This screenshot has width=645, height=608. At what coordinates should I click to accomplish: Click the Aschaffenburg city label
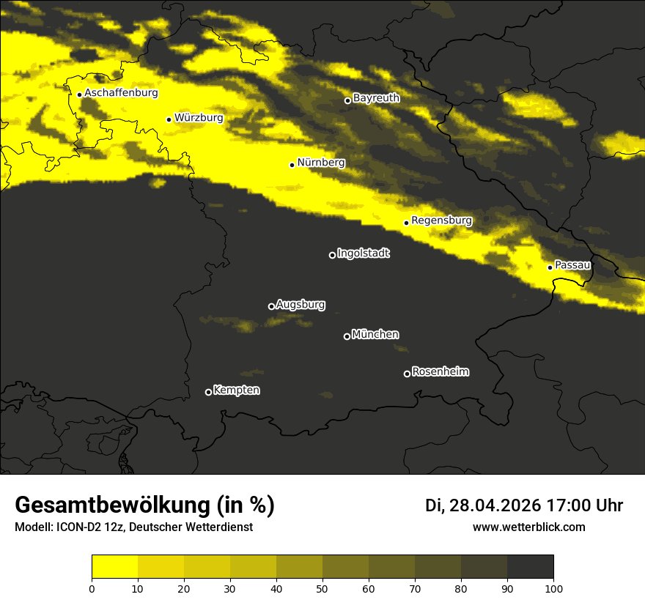click(121, 93)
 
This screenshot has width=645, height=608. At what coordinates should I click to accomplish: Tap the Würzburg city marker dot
click(169, 119)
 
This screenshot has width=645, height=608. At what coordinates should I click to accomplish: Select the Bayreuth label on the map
click(376, 98)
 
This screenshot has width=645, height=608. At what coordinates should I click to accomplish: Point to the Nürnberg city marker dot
click(292, 165)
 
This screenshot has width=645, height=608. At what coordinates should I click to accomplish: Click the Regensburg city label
click(441, 220)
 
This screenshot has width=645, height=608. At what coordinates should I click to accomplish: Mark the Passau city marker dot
click(550, 267)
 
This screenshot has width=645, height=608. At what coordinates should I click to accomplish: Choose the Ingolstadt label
click(364, 253)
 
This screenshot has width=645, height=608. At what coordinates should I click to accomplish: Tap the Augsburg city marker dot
click(271, 306)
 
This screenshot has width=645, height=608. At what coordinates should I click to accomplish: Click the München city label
click(375, 335)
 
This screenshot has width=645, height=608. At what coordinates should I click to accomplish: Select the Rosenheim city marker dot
click(407, 374)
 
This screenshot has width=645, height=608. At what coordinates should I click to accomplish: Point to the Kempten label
click(236, 390)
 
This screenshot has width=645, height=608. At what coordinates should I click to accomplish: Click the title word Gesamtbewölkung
click(111, 505)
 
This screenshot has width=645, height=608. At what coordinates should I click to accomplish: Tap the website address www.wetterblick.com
click(528, 527)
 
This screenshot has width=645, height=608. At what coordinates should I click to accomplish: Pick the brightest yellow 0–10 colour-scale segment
click(115, 566)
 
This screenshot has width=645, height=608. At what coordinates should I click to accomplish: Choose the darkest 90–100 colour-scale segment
click(530, 566)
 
